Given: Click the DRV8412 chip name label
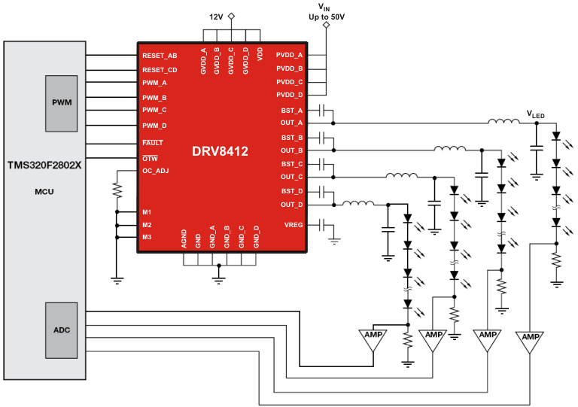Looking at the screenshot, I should tap(219, 151).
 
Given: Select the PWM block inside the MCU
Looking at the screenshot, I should tap(62, 102).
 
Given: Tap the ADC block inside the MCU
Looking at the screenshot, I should tap(62, 330).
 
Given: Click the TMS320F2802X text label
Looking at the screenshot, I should tap(44, 165).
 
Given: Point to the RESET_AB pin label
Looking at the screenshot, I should tap(160, 56).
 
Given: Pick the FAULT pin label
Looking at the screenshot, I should tap(153, 142).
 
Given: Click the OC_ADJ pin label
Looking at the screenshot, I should tap(156, 171).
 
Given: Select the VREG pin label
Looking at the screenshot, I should tap(294, 225).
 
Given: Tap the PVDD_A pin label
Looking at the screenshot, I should tap(290, 56).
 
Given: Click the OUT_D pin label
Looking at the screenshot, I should tap(292, 204).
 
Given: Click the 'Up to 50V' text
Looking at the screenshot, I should tap(326, 17).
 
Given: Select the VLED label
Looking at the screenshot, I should tap(535, 114).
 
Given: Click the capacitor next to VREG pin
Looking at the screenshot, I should tap(322, 225).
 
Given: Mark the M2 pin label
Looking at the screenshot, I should tap(148, 225).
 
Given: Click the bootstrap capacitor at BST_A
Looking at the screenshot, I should tap(323, 110).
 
